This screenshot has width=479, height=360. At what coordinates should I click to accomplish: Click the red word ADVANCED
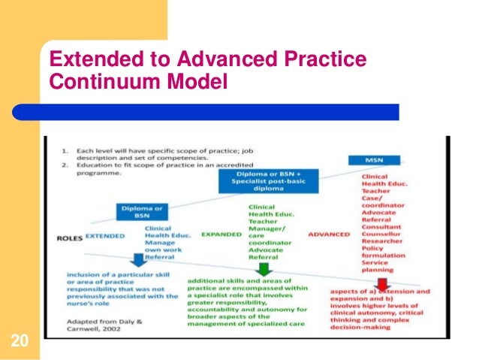click(329, 234)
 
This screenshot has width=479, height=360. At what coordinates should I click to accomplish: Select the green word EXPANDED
click(221, 234)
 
